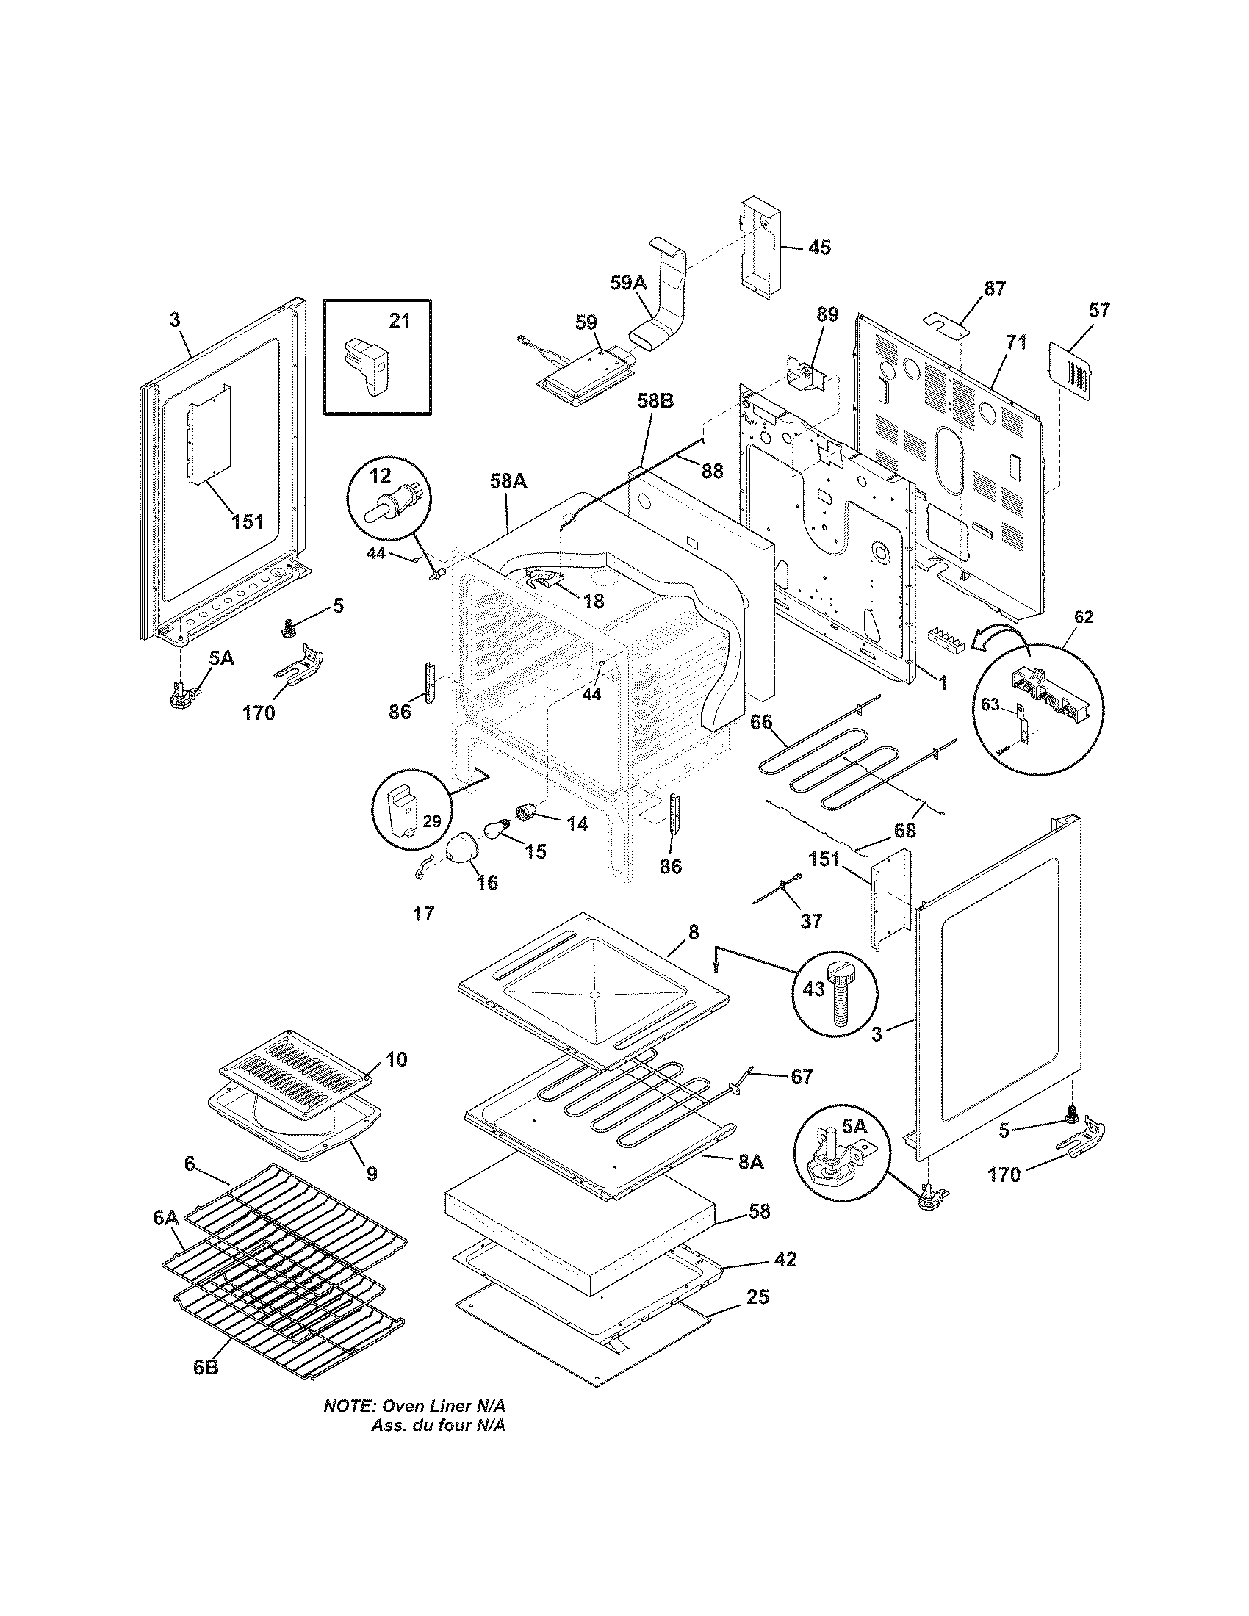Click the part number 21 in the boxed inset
coord(399,321)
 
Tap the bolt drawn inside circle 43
coord(843,998)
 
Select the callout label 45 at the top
coord(818,247)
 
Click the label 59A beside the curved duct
coord(628,283)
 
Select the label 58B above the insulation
coord(655,402)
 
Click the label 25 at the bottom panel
coord(757,1296)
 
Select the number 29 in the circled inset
coord(431,820)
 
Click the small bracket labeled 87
coord(946,322)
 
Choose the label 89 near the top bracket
coord(827,314)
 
